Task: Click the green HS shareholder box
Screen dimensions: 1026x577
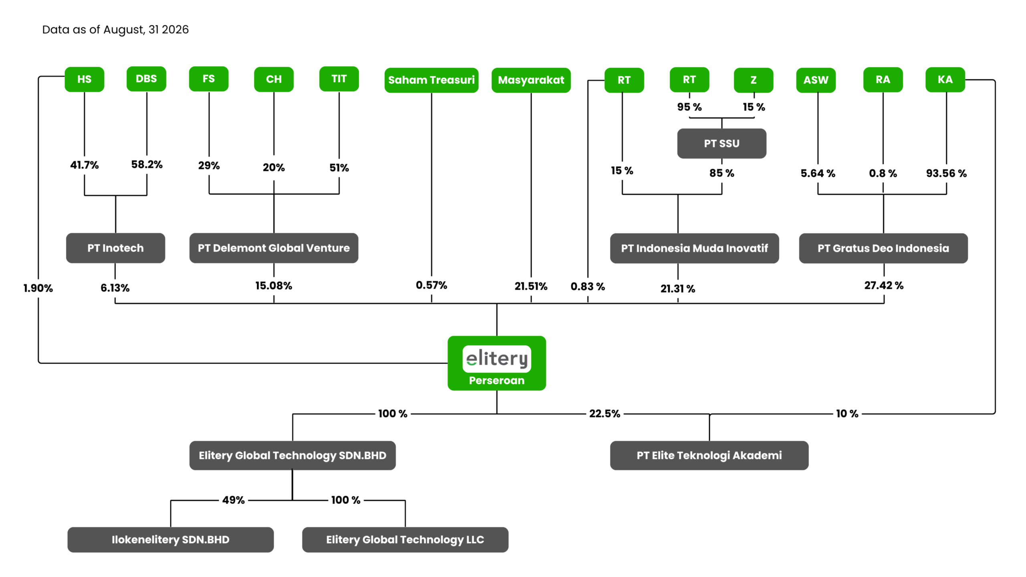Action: pos(84,79)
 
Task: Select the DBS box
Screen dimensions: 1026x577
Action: pos(146,79)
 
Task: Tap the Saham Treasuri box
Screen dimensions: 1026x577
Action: pos(431,80)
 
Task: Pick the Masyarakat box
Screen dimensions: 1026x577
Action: pos(531,80)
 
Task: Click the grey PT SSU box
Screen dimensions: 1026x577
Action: pos(722,143)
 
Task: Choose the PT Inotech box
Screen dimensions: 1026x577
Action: pos(115,248)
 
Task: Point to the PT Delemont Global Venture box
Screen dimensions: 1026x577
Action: pos(274,248)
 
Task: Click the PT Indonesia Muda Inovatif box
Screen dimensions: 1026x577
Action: pos(695,248)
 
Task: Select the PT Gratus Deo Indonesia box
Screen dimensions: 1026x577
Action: pos(883,248)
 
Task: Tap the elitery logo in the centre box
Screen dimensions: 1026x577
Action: pos(497,359)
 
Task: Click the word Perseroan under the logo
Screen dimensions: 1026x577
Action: pos(497,381)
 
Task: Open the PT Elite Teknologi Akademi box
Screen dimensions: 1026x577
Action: pos(709,456)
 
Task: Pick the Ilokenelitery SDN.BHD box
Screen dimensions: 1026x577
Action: pos(171,540)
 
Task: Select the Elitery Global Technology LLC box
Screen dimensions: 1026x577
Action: pos(405,540)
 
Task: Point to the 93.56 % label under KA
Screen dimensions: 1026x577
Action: pos(946,174)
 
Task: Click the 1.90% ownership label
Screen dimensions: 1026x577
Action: pos(38,288)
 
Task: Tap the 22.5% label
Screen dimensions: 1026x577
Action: pos(605,414)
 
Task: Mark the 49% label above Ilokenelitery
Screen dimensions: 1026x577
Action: pos(234,500)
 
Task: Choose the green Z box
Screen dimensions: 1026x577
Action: pos(753,80)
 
